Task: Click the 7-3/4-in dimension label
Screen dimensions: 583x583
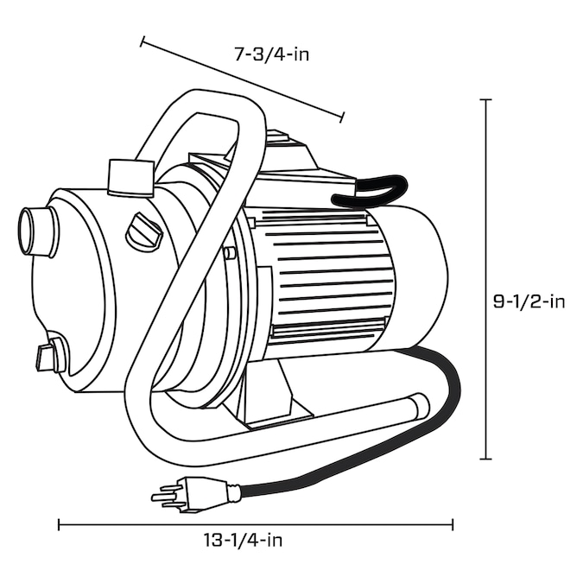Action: (272, 54)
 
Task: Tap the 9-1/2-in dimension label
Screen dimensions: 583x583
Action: (529, 301)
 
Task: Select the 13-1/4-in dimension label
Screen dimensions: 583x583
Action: (243, 540)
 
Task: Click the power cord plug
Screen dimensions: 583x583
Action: (190, 494)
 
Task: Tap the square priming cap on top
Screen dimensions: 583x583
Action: (130, 179)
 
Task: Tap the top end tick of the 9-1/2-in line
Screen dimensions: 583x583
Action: (485, 99)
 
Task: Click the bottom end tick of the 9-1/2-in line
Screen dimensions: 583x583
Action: (485, 459)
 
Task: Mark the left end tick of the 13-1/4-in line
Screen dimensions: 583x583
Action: (59, 525)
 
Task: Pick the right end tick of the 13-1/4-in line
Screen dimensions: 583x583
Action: (452, 525)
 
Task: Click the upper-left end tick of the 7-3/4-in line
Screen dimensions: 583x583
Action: (142, 41)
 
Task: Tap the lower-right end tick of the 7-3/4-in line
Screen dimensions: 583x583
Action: (342, 117)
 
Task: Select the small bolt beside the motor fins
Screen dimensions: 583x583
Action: (228, 253)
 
